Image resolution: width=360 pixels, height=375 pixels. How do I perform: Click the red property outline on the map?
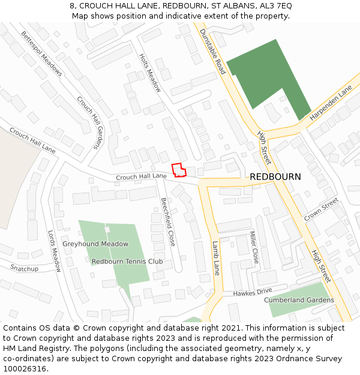(x=178, y=170)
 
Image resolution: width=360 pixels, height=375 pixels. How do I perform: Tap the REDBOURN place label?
(x=275, y=177)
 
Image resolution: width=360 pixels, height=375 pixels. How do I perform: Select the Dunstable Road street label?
(x=212, y=52)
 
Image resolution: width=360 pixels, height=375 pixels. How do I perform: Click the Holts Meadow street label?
(x=150, y=73)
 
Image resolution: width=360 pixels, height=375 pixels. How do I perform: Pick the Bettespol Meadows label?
(x=41, y=53)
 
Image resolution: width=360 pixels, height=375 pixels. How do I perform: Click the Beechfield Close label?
(x=167, y=222)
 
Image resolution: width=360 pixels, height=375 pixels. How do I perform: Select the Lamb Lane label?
(x=216, y=258)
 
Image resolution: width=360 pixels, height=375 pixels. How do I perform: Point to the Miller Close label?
(x=254, y=248)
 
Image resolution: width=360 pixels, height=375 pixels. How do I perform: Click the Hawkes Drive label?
(x=253, y=293)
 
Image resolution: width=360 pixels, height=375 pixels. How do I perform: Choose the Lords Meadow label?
(x=55, y=251)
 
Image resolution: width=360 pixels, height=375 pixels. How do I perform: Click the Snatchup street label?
(x=24, y=269)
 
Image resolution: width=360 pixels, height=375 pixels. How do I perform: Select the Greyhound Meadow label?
(x=95, y=244)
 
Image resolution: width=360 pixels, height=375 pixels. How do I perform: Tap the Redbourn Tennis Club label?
(x=127, y=262)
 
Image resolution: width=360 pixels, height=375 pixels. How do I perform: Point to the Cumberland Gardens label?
(x=299, y=300)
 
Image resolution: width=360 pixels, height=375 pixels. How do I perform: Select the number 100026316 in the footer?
(x=25, y=369)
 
